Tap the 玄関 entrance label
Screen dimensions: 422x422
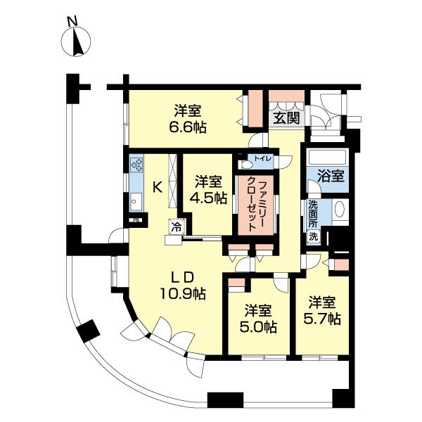(286, 118)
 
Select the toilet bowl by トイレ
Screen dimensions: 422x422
(245, 165)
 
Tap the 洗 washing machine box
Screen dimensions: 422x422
(313, 237)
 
